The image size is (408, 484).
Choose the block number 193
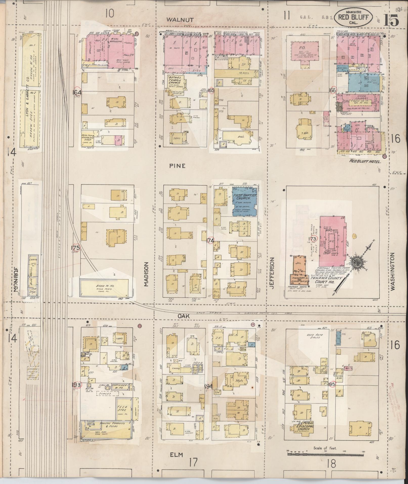click(x=76, y=392)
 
